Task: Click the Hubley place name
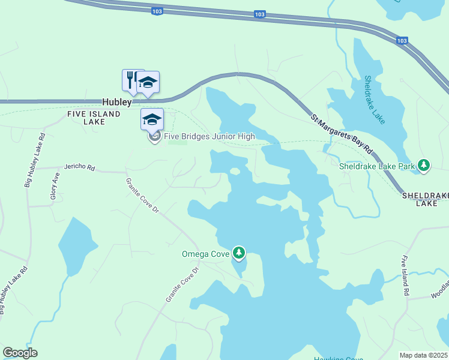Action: (x=116, y=103)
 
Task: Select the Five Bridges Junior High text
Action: (x=210, y=136)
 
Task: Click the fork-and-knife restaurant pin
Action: (x=131, y=79)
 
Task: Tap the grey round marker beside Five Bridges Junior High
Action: (x=154, y=137)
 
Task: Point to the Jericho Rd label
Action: (x=80, y=168)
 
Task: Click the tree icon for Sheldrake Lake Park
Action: (x=424, y=165)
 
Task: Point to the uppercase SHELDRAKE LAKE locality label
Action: (x=426, y=200)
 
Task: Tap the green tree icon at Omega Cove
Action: (x=240, y=253)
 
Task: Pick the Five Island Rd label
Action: (x=406, y=277)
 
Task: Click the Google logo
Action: (x=20, y=353)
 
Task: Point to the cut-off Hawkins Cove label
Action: (x=339, y=358)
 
